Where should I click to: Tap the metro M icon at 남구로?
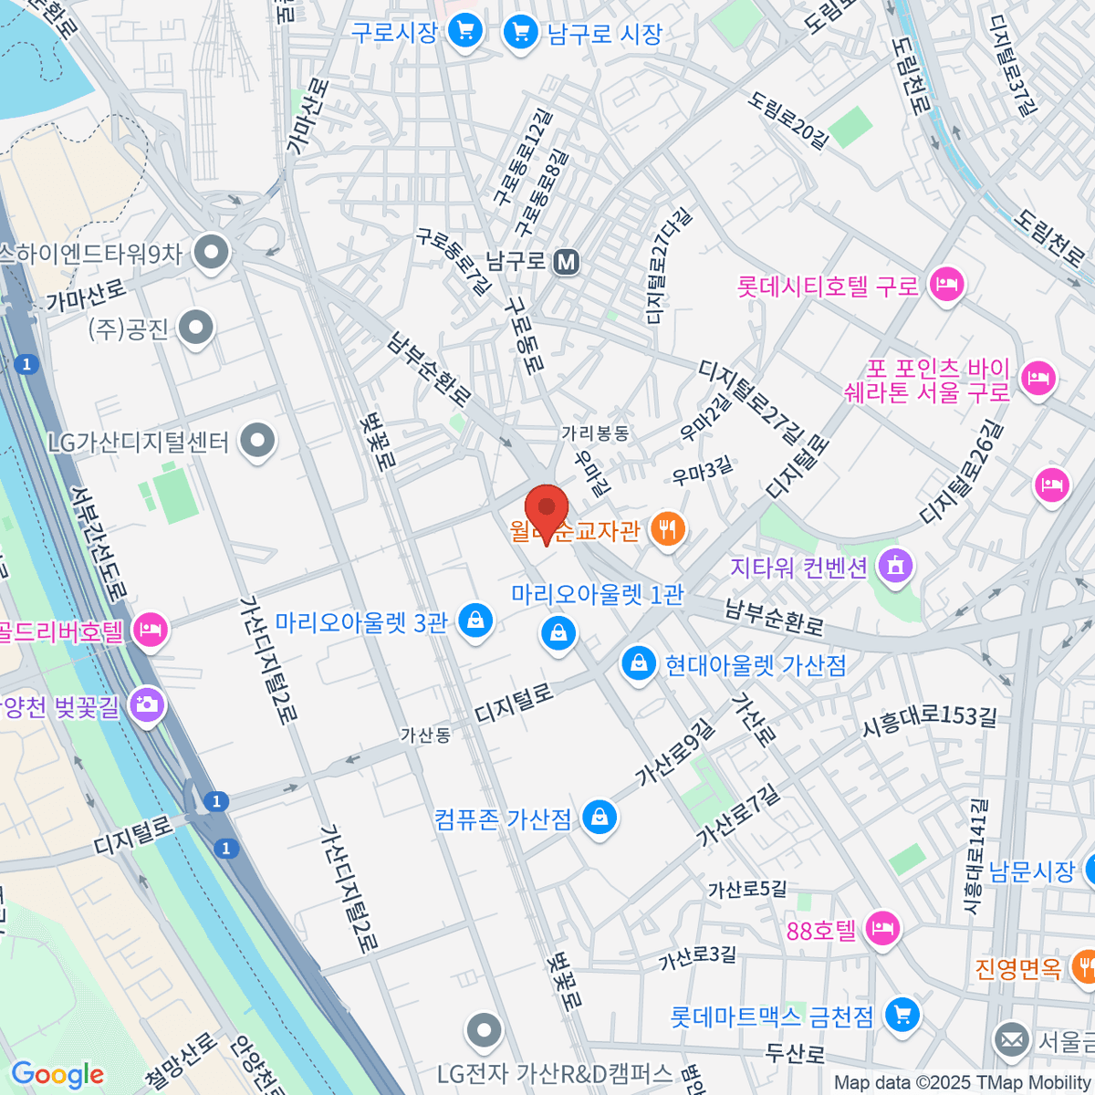click(567, 262)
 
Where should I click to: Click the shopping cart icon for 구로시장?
click(465, 32)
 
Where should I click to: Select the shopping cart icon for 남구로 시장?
click(521, 34)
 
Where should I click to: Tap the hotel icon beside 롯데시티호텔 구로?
click(946, 285)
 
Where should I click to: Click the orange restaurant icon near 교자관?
click(668, 529)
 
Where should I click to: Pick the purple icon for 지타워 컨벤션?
click(894, 566)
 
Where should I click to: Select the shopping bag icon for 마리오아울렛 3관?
click(474, 621)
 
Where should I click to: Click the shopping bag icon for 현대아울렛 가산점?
click(639, 663)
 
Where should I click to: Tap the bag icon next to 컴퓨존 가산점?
click(600, 817)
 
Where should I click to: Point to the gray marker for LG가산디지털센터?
click(257, 442)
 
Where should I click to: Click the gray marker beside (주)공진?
click(195, 328)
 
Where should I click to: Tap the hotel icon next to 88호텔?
click(881, 929)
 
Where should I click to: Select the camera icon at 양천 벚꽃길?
click(147, 704)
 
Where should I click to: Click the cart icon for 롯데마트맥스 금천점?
click(902, 1014)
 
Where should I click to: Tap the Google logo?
click(57, 1074)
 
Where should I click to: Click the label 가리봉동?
click(595, 433)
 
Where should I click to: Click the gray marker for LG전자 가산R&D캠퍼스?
click(484, 1031)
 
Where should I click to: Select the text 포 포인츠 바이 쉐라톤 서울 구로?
click(938, 381)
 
